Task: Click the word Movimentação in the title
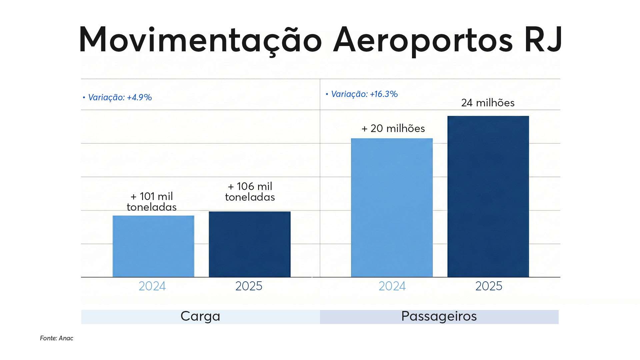pyautogui.click(x=200, y=40)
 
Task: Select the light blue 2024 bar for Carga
pyautogui.click(x=153, y=246)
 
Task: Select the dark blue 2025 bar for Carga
pyautogui.click(x=250, y=244)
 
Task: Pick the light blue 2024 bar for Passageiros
pyautogui.click(x=392, y=208)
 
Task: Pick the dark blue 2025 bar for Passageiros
pyautogui.click(x=488, y=197)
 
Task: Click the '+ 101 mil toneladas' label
pyautogui.click(x=152, y=202)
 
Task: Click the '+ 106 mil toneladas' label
pyautogui.click(x=250, y=192)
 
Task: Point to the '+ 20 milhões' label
pyautogui.click(x=393, y=128)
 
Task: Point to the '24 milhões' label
pyautogui.click(x=488, y=103)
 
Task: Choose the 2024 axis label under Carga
pyautogui.click(x=152, y=286)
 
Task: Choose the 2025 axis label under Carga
pyautogui.click(x=249, y=286)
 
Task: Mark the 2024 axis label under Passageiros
pyautogui.click(x=392, y=286)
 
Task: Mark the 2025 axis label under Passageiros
pyautogui.click(x=489, y=286)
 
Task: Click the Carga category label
pyautogui.click(x=200, y=316)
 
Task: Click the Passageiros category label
pyautogui.click(x=439, y=316)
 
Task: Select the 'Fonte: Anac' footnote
pyautogui.click(x=57, y=338)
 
